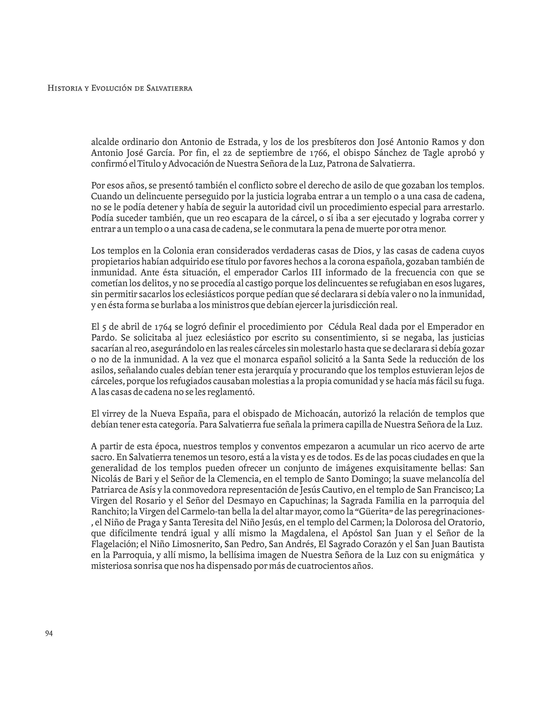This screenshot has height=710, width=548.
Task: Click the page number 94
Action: (49, 634)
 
